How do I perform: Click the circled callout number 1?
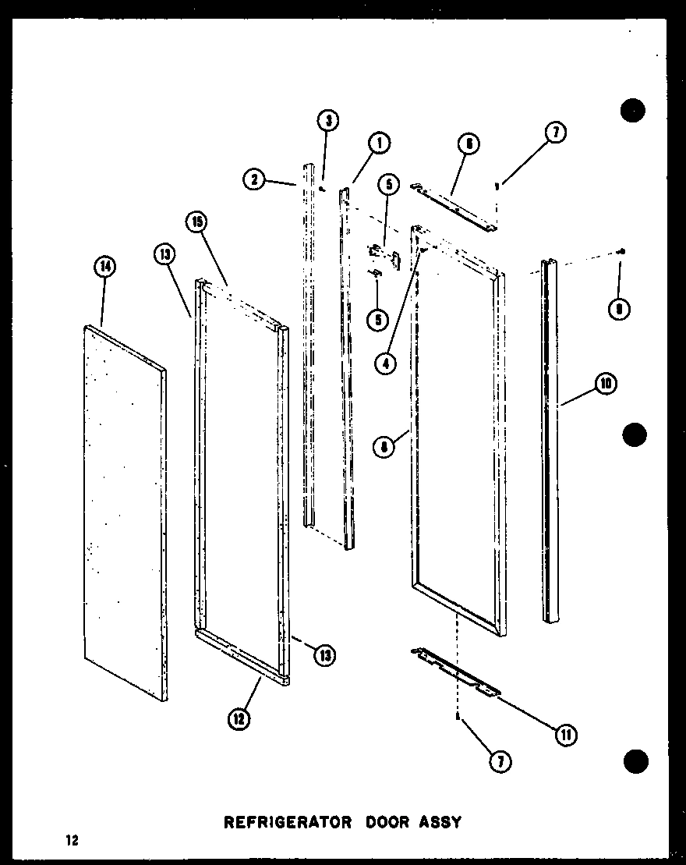click(379, 144)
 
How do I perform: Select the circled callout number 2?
click(252, 180)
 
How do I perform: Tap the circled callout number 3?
click(328, 120)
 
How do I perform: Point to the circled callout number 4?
click(384, 363)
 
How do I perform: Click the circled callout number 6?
click(469, 144)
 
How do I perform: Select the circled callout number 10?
click(606, 384)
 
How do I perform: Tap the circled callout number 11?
click(564, 732)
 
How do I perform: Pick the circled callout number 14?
click(104, 267)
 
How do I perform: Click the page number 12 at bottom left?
click(72, 841)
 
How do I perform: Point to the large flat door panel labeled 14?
click(125, 507)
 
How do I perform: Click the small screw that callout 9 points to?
click(620, 251)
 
